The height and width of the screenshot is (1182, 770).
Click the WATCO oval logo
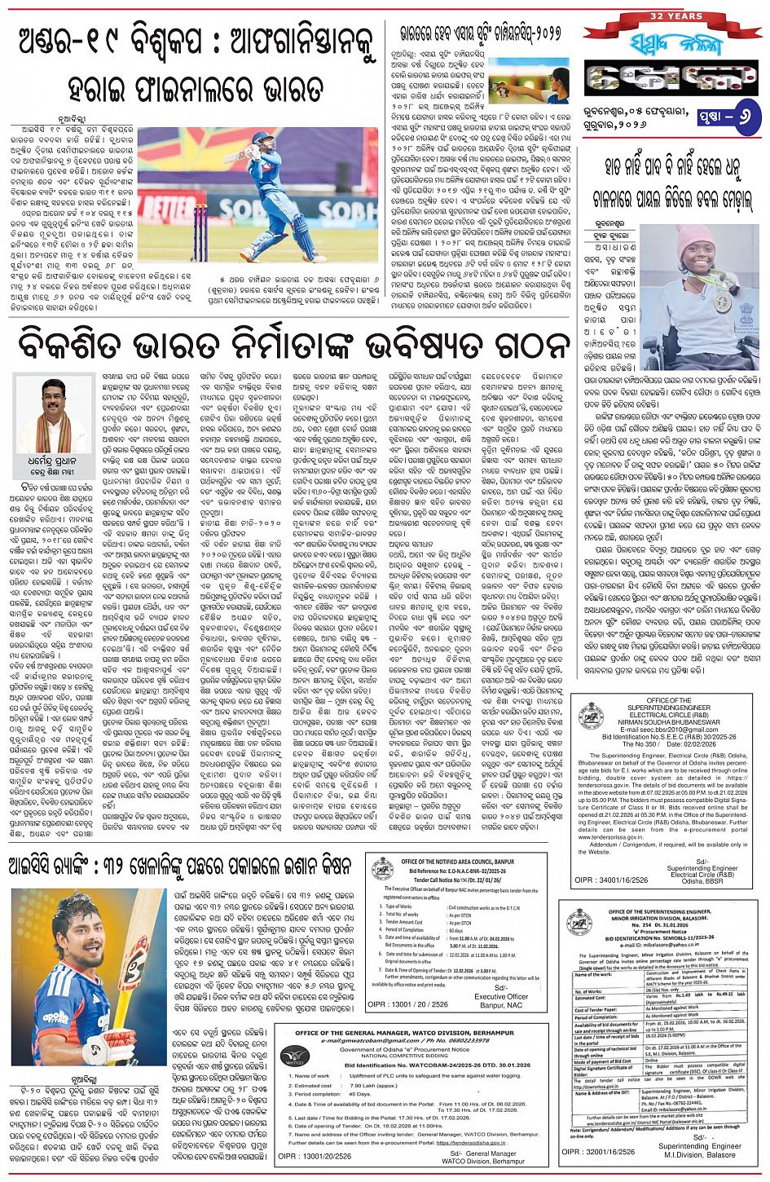pos(294,1057)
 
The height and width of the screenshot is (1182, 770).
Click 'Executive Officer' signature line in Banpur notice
pos(501,996)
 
